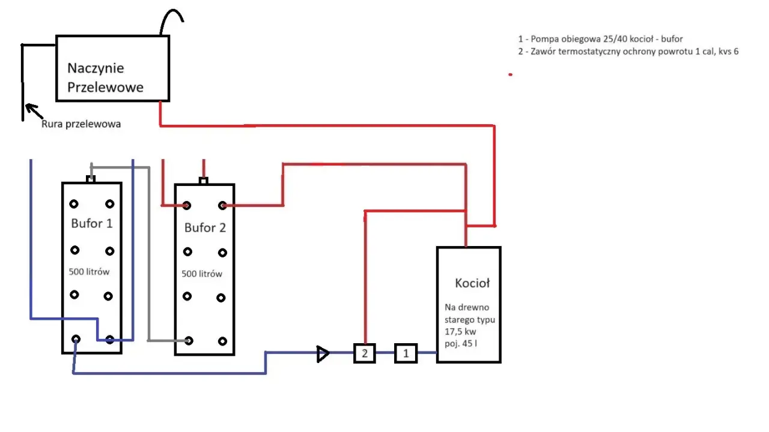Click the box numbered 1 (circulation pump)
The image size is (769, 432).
pos(406,353)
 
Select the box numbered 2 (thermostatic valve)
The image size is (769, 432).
pos(365,353)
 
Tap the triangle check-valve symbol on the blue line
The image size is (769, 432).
pos(323,354)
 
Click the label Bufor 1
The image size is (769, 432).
pos(92,224)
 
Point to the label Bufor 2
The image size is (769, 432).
pos(205,227)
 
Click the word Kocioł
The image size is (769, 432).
pos(472,283)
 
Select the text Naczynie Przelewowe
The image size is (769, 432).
pos(105,77)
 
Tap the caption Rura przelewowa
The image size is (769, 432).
pos(81,124)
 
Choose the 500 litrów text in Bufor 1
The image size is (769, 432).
pos(89,272)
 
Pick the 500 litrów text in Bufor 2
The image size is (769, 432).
pos(202,274)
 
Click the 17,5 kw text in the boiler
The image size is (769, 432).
pos(460,332)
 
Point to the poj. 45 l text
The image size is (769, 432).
pos(461,344)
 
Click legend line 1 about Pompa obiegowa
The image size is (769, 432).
pos(600,39)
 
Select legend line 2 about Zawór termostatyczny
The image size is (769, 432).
pos(628,52)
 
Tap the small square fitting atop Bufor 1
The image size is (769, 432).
pos(91,179)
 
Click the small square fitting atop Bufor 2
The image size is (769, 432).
pos(203,181)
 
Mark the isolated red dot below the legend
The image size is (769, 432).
pos(511,74)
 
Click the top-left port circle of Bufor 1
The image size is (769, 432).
pos(74,204)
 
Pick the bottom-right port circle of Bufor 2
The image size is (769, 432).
pos(222,341)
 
